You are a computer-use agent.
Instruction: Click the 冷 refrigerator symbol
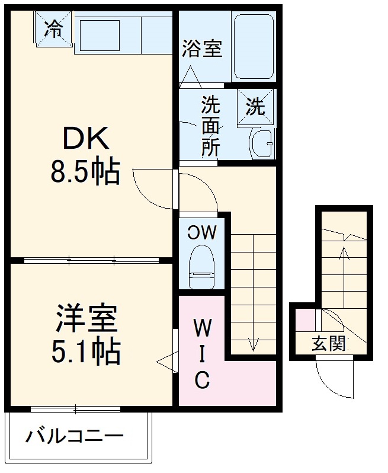tap(54, 28)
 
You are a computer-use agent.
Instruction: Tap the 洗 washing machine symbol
tap(256, 107)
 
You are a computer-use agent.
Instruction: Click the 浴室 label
tap(203, 49)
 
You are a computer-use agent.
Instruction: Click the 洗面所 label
tap(210, 126)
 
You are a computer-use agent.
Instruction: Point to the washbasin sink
tap(261, 142)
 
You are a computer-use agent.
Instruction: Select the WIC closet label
tap(201, 353)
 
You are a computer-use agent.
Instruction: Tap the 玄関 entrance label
tap(329, 343)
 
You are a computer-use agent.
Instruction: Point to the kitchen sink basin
tap(99, 34)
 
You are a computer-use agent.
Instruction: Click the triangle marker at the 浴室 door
tap(191, 77)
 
